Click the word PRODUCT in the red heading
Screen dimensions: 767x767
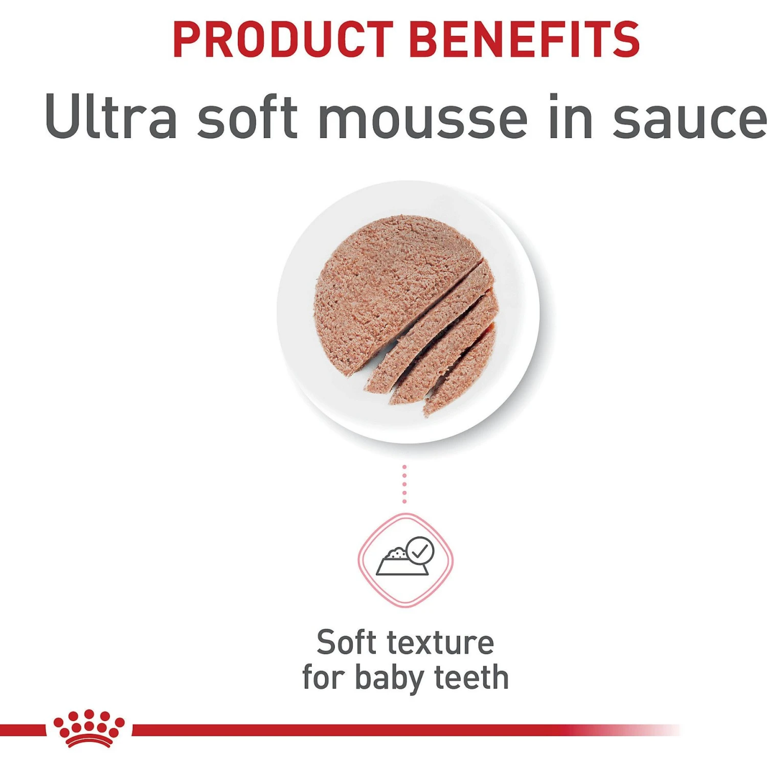[x=283, y=39]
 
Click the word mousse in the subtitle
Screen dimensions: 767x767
[x=422, y=116]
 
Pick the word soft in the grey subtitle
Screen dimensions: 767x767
[x=247, y=116]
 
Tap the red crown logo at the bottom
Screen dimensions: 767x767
[x=89, y=728]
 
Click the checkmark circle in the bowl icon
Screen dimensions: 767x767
[x=420, y=551]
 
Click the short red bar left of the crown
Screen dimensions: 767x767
[x=23, y=730]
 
